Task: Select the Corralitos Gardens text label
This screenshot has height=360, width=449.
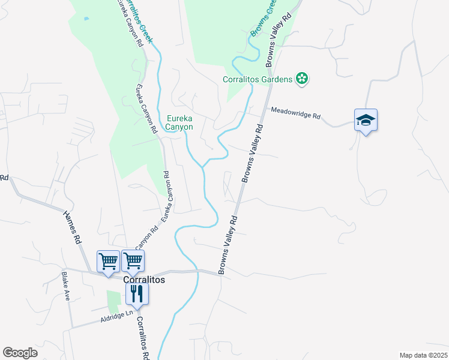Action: tap(257, 79)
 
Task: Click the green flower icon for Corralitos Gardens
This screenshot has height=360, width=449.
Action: tap(302, 79)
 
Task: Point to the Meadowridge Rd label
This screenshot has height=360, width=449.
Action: tap(296, 112)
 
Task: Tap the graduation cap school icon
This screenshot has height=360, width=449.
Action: tap(366, 120)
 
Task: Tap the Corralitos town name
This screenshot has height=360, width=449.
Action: tap(144, 280)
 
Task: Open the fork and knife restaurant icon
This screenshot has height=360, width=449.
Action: tap(137, 294)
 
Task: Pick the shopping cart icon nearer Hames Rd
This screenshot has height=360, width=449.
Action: tap(108, 262)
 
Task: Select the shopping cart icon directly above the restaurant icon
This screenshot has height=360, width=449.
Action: tap(133, 262)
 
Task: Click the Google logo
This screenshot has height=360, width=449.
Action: tap(20, 352)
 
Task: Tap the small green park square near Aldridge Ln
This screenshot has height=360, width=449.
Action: tap(114, 301)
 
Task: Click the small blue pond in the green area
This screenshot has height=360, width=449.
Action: tap(87, 19)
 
